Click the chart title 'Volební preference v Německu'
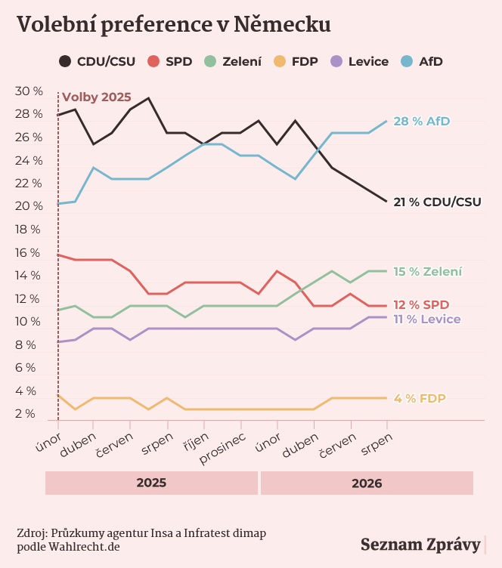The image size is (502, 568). pyautogui.click(x=174, y=25)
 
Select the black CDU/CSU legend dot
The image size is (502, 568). pyautogui.click(x=65, y=61)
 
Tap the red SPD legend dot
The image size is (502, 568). pyautogui.click(x=153, y=61)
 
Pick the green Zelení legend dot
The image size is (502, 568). pyautogui.click(x=210, y=61)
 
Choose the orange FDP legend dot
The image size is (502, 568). pyautogui.click(x=280, y=61)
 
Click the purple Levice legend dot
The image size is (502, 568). pyautogui.click(x=336, y=61)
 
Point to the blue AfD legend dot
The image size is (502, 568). pyautogui.click(x=407, y=61)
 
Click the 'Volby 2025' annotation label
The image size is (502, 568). pyautogui.click(x=97, y=97)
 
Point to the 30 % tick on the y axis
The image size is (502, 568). pyautogui.click(x=29, y=91)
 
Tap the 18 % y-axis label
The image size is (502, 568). pyautogui.click(x=27, y=230)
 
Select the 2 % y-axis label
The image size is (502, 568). pyautogui.click(x=25, y=414)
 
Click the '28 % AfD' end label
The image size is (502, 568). pyautogui.click(x=422, y=121)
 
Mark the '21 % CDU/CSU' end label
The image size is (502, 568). pyautogui.click(x=438, y=202)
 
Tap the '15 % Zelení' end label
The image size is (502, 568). pyautogui.click(x=428, y=271)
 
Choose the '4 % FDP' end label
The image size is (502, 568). pyautogui.click(x=420, y=399)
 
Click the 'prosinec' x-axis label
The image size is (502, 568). pyautogui.click(x=222, y=448)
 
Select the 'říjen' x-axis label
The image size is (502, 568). pyautogui.click(x=196, y=443)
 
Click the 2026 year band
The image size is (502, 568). pyautogui.click(x=367, y=483)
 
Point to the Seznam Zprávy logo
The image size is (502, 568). pyautogui.click(x=420, y=545)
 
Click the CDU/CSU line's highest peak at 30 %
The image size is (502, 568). pyautogui.click(x=148, y=97)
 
